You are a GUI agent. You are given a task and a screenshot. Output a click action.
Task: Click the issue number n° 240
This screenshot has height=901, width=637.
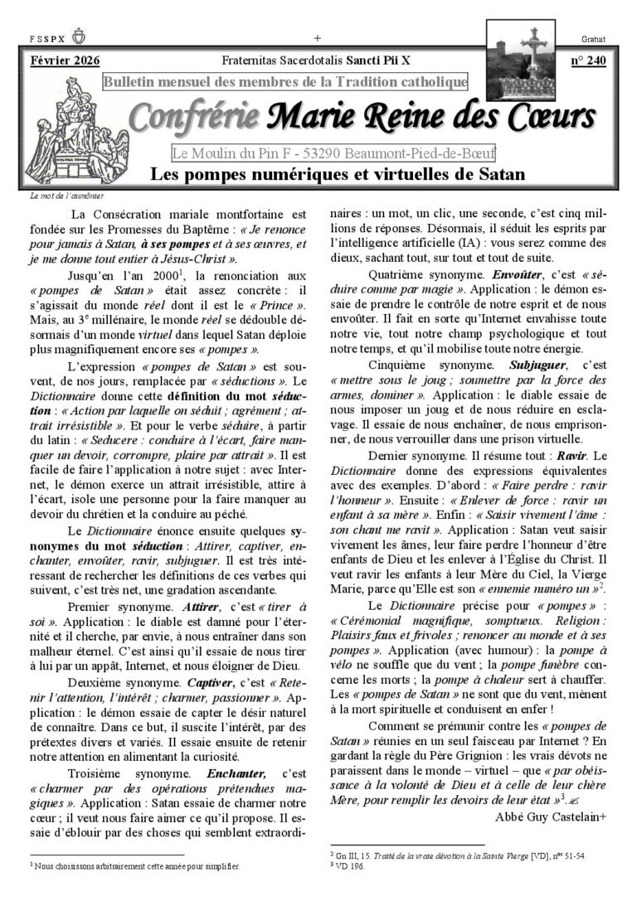588,61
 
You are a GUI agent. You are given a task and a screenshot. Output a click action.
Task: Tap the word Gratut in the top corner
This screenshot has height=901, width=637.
594,39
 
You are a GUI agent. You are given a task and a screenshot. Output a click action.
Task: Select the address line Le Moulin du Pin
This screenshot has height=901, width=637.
333,153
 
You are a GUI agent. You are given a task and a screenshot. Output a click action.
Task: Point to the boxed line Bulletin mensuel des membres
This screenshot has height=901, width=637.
285,81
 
